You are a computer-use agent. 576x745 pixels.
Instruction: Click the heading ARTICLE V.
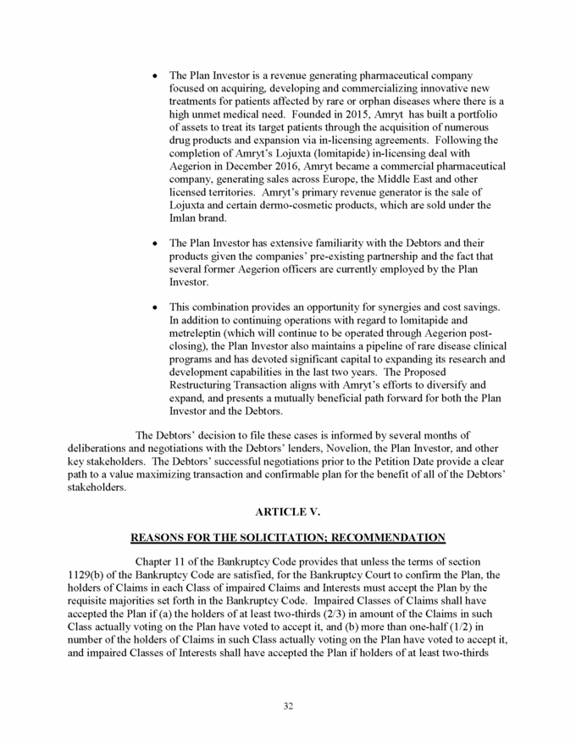coord(287,511)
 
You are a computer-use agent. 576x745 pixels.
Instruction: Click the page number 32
coord(288,707)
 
